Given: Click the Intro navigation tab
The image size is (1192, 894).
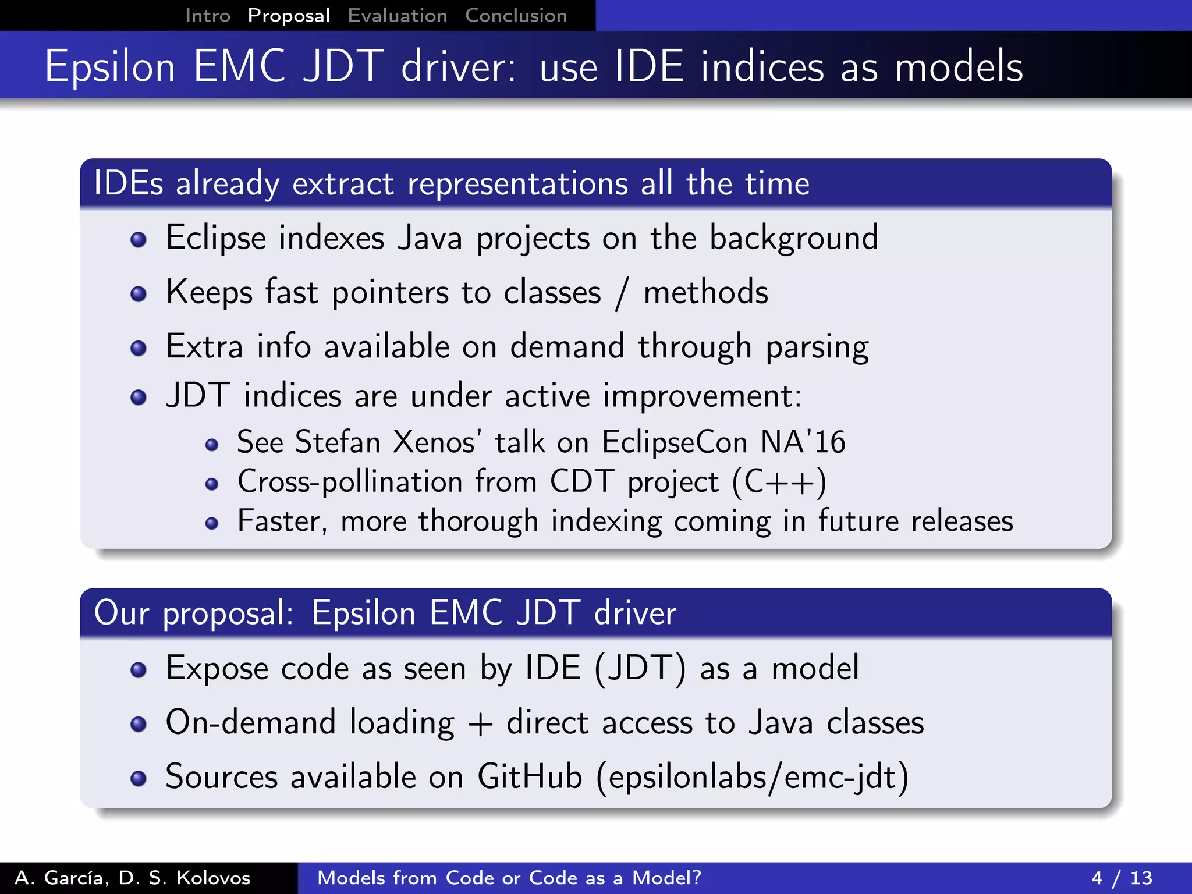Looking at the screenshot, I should click(x=208, y=16).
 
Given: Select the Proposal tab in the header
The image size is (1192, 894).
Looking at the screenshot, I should click(x=289, y=16).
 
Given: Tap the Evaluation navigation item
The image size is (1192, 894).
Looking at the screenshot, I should click(x=397, y=16).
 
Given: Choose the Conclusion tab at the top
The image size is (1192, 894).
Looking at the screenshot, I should click(x=516, y=16).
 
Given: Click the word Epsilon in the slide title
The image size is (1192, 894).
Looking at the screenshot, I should click(x=110, y=68).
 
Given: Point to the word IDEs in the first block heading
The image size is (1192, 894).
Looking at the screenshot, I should click(x=128, y=184).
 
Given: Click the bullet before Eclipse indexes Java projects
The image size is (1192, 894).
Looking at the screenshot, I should click(x=139, y=240).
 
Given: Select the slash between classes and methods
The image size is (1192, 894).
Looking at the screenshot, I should click(x=622, y=293).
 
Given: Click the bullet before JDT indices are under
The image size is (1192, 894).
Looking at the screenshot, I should click(x=139, y=398).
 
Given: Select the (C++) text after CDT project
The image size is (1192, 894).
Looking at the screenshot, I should click(x=779, y=483).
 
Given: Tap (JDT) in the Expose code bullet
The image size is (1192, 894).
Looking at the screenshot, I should click(x=640, y=668).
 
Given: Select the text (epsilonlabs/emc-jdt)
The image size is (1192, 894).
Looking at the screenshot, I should click(x=752, y=777).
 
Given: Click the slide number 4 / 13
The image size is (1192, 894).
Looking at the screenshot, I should click(x=1122, y=878).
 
